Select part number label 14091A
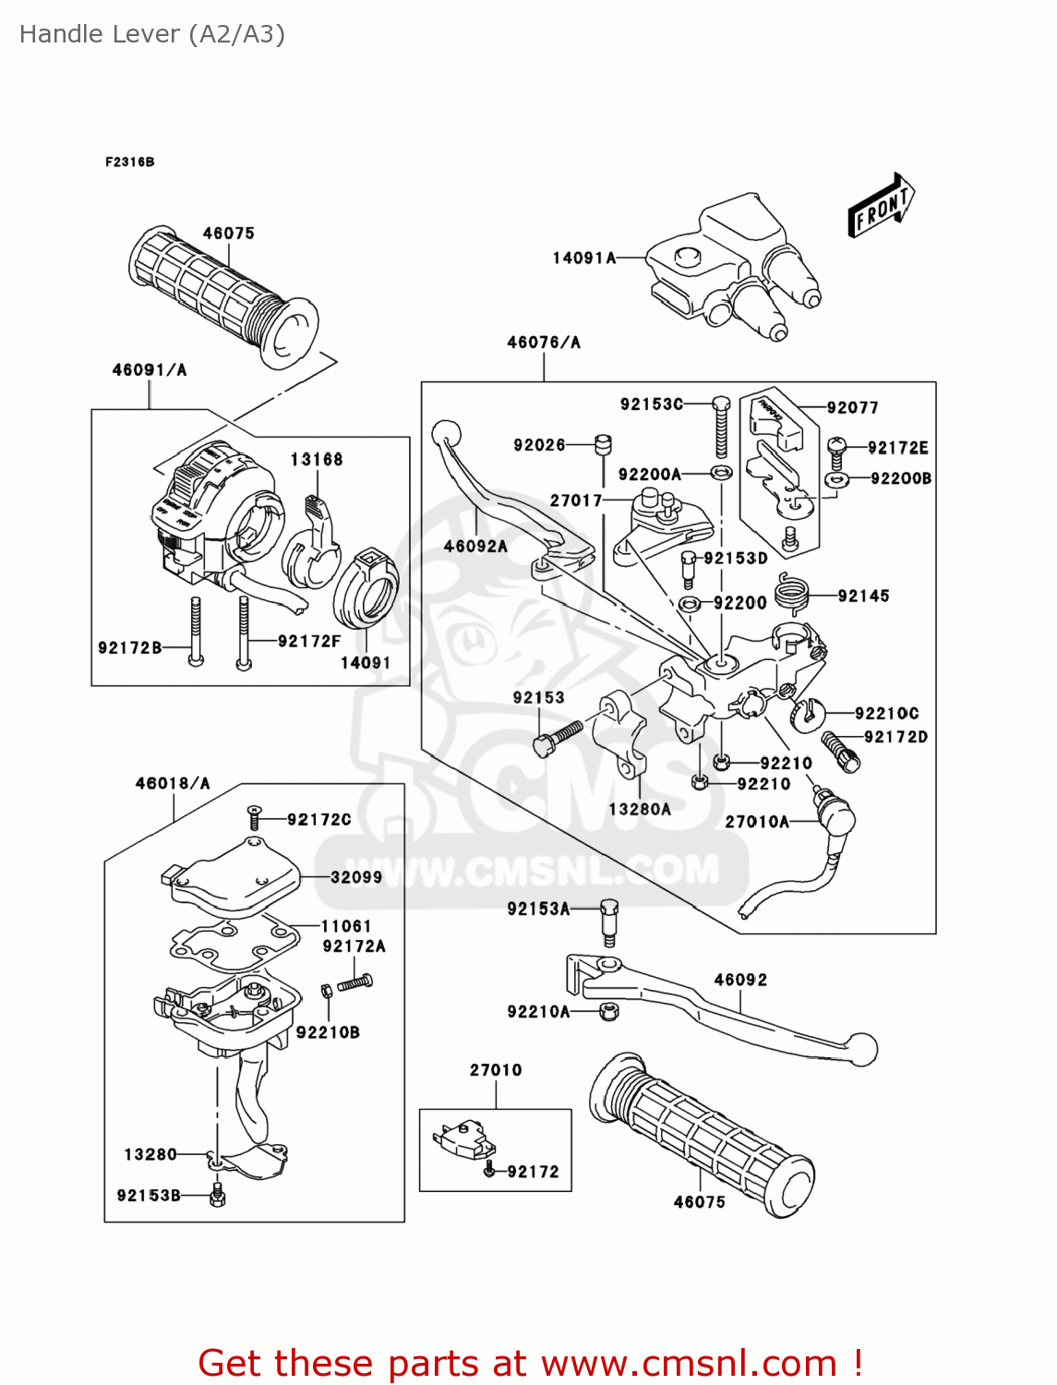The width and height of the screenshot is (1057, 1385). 583,259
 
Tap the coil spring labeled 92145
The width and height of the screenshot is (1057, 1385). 791,592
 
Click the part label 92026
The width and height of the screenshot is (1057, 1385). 539,445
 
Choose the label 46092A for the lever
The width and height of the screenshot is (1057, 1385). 475,546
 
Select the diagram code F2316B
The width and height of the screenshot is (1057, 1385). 129,162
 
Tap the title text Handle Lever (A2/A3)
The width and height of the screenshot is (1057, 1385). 152,34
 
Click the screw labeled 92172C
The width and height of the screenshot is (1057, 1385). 255,817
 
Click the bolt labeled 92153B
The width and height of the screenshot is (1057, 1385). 218,1196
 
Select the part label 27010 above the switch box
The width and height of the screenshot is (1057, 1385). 496,1070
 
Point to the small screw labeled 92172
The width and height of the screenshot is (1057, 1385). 489,1171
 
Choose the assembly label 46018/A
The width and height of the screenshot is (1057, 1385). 173,783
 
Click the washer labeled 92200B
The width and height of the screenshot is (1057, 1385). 836,479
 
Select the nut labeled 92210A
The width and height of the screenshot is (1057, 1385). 608,1011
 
